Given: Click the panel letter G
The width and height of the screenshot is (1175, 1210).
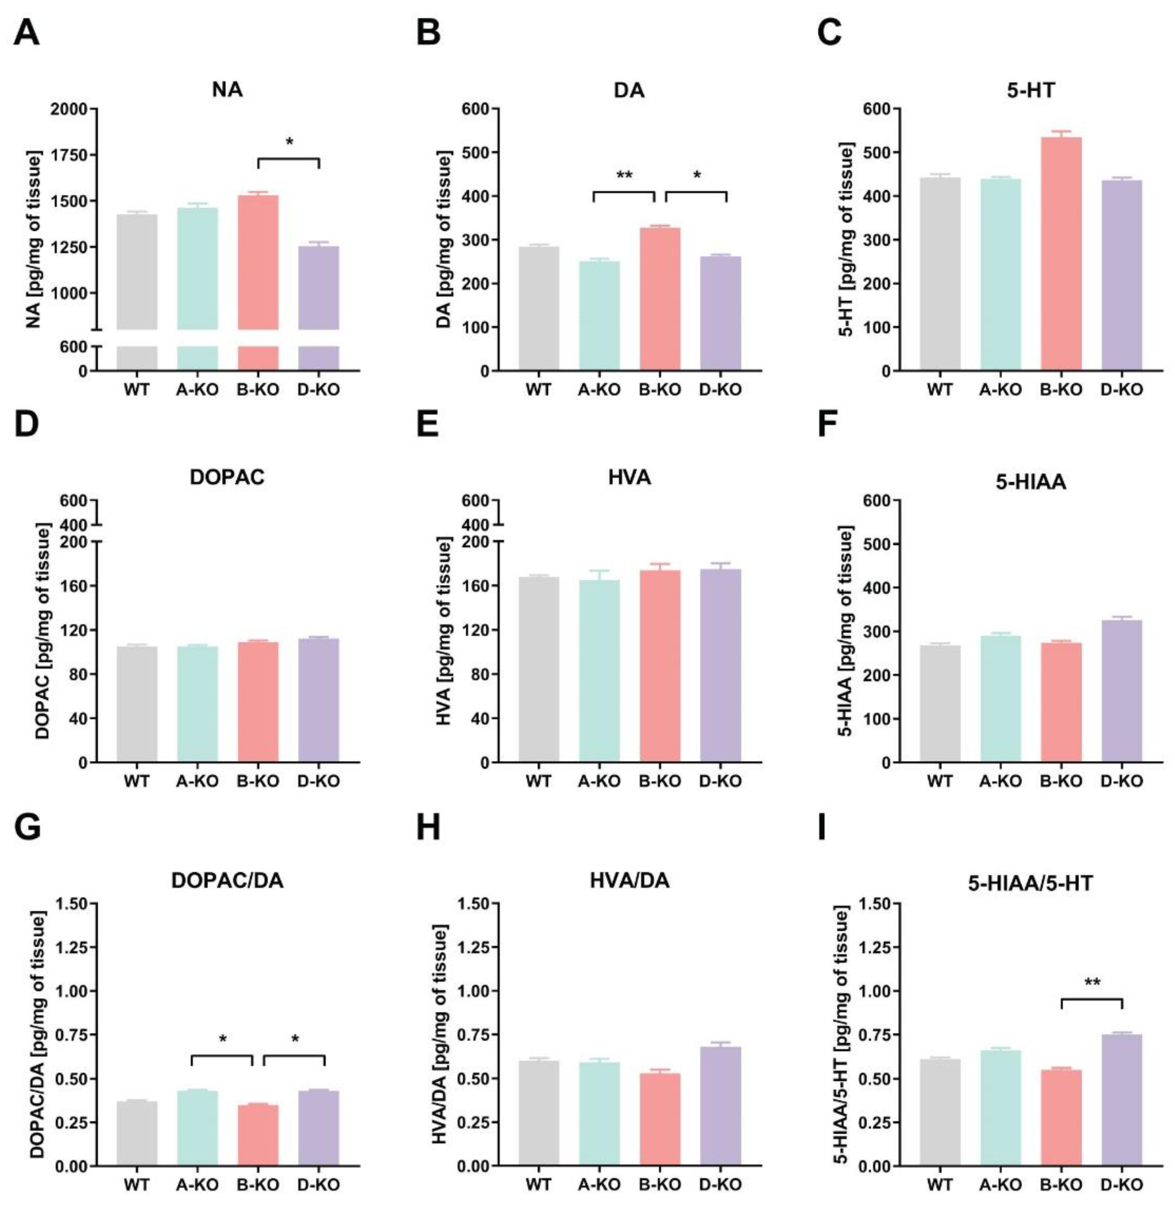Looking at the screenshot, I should coord(27,827).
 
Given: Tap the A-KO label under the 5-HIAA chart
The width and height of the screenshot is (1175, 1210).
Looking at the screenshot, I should coord(1000,781).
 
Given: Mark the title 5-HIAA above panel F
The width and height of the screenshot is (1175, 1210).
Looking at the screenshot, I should coord(1030,481).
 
